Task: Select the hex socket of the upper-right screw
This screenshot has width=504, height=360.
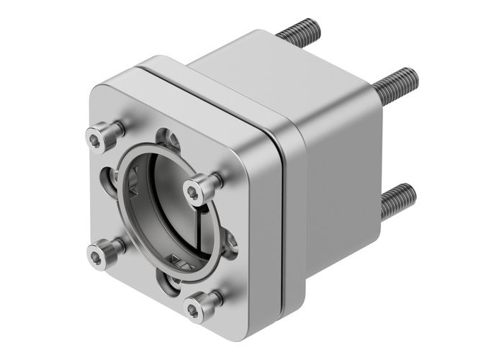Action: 194,191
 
